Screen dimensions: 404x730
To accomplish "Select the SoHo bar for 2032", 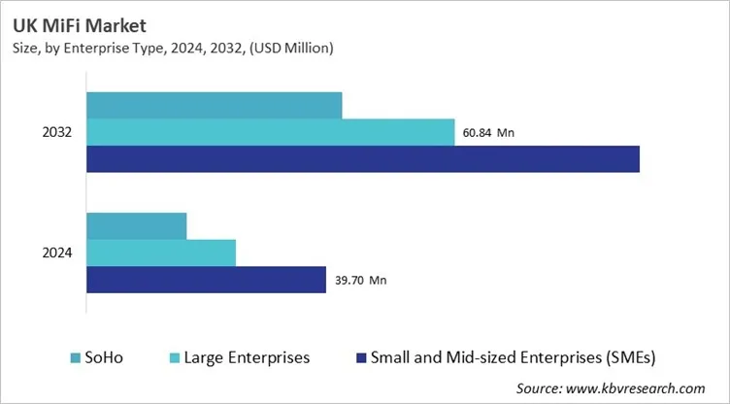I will [x=215, y=105].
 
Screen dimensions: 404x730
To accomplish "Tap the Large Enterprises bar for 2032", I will [x=271, y=132].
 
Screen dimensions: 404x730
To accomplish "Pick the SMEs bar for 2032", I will [x=363, y=158].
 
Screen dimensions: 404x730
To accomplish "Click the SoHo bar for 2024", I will [x=137, y=225].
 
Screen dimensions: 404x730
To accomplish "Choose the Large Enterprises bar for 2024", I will [x=161, y=252].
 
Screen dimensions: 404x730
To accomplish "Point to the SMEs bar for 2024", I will [x=207, y=280].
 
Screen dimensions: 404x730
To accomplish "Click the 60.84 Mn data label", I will [x=491, y=133].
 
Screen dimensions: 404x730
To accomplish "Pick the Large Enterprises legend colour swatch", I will [x=175, y=357].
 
